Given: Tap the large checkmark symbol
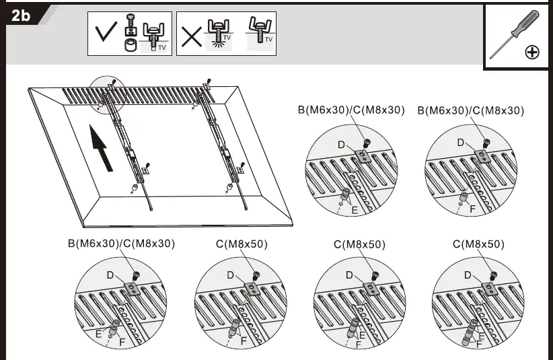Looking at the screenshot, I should coord(105,34).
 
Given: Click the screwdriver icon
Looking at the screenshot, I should coord(513,34).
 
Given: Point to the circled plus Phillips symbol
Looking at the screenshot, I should coord(531,52).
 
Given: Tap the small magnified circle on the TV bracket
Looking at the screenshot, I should coord(108,95).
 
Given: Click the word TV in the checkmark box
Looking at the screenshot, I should coord(161,47).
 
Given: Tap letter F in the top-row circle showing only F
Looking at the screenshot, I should coord(472,209).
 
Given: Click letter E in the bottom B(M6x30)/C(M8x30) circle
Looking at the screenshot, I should coord(100,332).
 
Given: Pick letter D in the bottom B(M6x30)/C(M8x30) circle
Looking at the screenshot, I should coord(110,275).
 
